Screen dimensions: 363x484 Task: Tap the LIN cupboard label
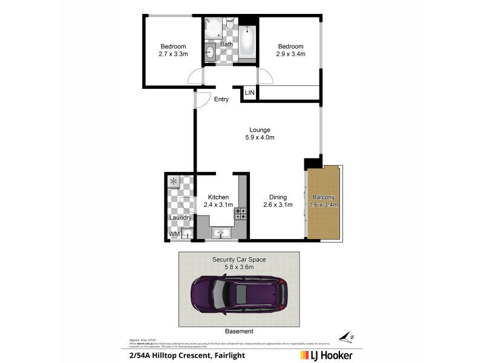[250, 93]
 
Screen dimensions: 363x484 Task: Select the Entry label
[221, 99]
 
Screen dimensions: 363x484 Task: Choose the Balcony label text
[323, 201]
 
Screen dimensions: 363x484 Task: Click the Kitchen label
[218, 201]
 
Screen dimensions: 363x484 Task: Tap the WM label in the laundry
[174, 234]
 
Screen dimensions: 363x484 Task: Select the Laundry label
[180, 218]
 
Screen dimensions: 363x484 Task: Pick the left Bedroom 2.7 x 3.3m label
[173, 50]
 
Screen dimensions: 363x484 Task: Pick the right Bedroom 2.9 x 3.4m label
[290, 50]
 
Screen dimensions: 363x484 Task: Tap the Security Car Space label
[239, 263]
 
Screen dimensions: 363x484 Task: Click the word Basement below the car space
[239, 332]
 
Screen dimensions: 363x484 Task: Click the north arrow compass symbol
[346, 336]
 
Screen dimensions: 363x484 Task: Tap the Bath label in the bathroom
[226, 44]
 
